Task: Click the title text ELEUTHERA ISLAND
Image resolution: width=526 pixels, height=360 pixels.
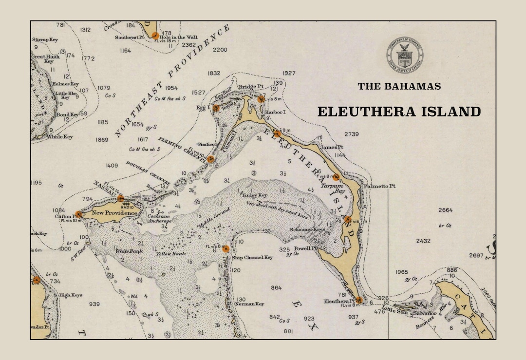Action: pos(399,112)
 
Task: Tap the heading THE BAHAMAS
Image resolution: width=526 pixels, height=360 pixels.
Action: pos(399,86)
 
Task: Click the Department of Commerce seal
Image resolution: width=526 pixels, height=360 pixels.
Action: pos(405,55)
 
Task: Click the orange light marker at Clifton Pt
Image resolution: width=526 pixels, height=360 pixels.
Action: pos(78,214)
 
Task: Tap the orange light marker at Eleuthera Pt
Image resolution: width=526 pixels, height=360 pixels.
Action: pos(359,300)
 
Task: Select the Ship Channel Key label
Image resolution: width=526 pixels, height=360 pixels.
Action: pos(252,257)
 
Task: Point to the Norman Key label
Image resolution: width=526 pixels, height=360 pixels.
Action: pos(249,304)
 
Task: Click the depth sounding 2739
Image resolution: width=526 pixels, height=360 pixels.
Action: pos(351,134)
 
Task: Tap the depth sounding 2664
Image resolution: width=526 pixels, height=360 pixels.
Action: pos(445,210)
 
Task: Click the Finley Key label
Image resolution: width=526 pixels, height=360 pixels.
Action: pos(255,195)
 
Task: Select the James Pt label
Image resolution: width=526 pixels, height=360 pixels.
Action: pos(333,147)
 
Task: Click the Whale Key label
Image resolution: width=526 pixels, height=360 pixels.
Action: pos(60,137)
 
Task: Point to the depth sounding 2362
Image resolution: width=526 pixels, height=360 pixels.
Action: pos(188,45)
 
